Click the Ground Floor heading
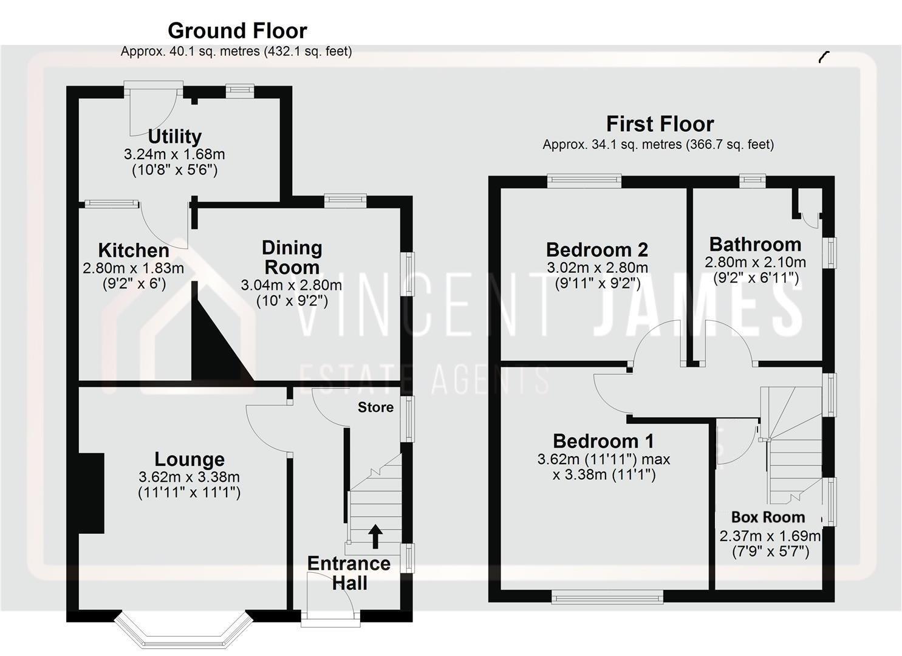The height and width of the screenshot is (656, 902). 237,30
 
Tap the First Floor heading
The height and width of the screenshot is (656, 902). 660,124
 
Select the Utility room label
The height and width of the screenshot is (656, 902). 174,136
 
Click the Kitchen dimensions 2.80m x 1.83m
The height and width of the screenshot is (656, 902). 133,268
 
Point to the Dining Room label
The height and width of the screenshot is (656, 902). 292,257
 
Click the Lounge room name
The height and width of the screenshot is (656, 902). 189,459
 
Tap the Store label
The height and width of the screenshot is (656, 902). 375,407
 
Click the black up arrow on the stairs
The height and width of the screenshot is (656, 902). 375,536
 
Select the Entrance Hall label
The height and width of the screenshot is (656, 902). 349,573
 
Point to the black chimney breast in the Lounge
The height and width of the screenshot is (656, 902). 92,493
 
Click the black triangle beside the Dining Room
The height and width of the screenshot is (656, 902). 216,346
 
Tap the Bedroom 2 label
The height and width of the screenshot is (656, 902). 596,250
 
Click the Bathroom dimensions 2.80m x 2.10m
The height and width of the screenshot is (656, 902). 755,262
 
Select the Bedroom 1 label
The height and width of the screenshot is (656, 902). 603,441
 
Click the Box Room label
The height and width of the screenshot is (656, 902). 768,518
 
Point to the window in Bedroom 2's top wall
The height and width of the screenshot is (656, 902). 584,179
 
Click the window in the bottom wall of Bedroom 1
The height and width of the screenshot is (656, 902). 607,598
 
